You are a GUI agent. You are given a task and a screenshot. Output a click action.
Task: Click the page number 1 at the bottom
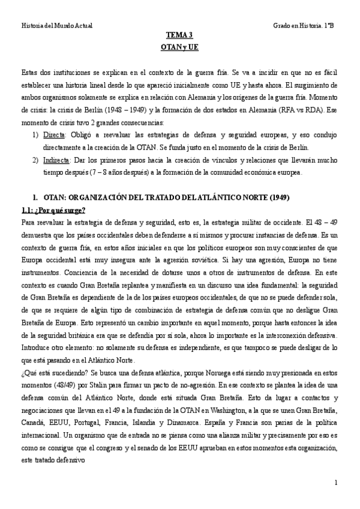(337, 483)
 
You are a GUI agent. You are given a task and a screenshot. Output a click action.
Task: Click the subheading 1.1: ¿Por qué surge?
(53, 209)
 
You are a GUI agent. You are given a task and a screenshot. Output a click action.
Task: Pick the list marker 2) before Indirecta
(35, 161)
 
